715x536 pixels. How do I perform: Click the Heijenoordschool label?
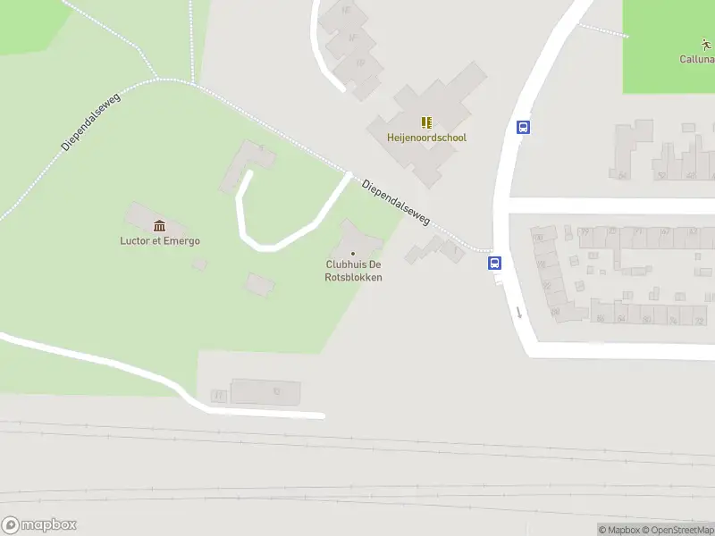point(426,138)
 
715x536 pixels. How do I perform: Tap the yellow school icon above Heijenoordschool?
point(426,122)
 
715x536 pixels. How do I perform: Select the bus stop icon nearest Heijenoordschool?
point(523,127)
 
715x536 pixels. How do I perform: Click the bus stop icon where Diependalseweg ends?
point(494,263)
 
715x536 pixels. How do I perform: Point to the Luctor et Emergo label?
point(160,240)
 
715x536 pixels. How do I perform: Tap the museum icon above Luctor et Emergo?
point(160,225)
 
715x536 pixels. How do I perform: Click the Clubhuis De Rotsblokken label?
point(353,271)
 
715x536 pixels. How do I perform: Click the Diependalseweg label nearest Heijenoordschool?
point(396,202)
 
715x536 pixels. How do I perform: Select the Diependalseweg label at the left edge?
point(91,121)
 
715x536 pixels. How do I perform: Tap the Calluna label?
point(696,60)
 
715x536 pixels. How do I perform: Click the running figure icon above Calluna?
point(706,44)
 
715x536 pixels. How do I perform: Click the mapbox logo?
point(38,524)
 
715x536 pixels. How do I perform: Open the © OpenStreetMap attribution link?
point(678,530)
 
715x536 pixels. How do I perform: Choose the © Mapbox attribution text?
point(618,530)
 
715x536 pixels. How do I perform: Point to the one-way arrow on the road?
point(517,312)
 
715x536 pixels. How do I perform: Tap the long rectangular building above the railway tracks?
point(265,391)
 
